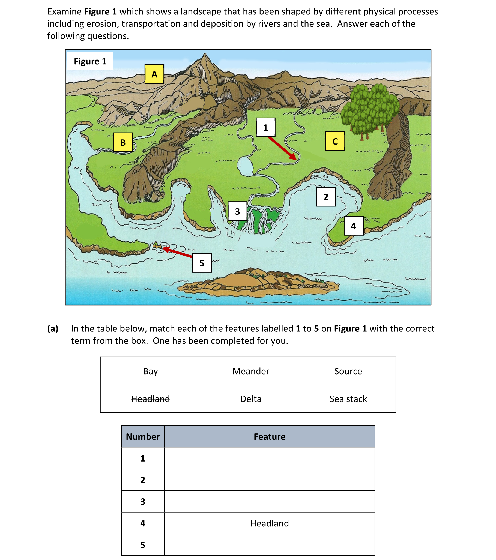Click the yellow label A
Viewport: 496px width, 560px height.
154,74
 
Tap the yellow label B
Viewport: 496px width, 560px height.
123,142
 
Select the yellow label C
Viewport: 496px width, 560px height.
335,141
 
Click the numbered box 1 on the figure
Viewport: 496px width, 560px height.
265,127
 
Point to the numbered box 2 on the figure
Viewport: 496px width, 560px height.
325,197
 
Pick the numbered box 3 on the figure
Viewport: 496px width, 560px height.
237,211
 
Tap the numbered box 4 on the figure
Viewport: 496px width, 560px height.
354,226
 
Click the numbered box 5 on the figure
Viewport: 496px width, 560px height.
201,263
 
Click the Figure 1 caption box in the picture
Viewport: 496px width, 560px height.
90,61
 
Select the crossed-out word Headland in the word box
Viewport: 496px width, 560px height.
150,399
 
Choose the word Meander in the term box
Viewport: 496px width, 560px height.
251,371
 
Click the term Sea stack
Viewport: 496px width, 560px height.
348,399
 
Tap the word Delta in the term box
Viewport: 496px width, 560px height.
251,399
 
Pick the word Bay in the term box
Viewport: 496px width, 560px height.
150,371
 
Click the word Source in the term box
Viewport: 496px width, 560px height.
348,371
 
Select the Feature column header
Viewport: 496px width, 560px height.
269,436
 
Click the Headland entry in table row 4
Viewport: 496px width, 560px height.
269,523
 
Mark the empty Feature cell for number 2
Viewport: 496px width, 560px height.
269,480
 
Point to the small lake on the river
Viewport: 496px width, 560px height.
245,166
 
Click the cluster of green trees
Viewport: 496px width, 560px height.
370,110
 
